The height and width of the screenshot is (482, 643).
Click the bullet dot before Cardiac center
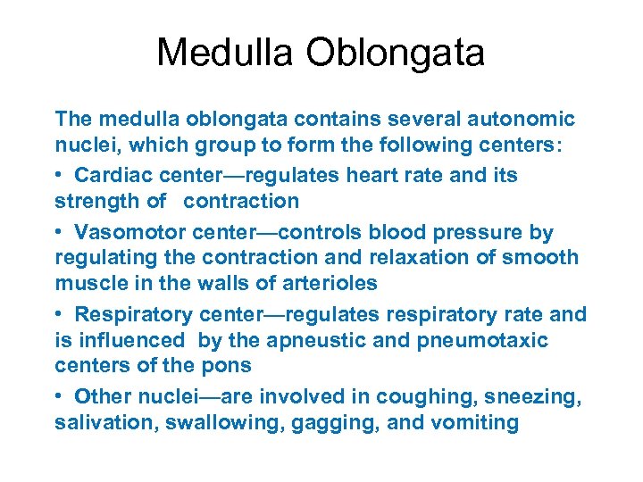tap(59, 176)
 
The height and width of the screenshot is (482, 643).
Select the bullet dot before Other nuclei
tap(59, 397)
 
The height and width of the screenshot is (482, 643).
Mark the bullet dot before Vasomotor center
tap(59, 234)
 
